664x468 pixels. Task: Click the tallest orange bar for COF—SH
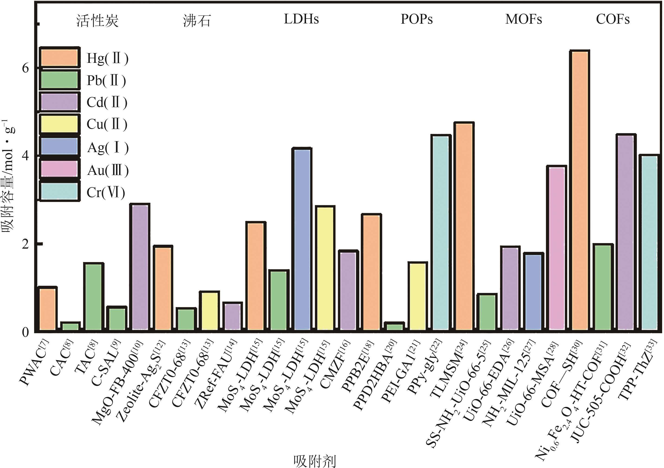pos(580,191)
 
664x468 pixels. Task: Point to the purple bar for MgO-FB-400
pos(141,267)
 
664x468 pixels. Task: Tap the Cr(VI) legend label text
pos(106,192)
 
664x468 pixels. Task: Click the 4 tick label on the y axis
pos(26,156)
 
